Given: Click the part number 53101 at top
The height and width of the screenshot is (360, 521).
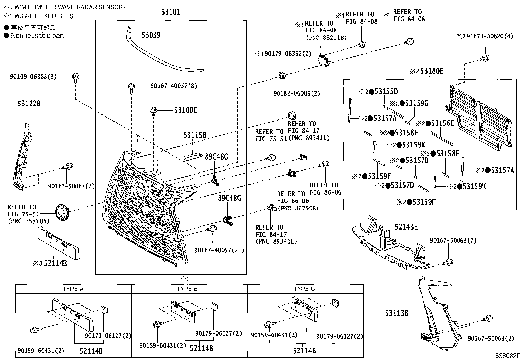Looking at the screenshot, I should click(171, 13).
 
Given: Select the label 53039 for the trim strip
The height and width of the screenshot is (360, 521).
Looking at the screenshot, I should click(151, 35).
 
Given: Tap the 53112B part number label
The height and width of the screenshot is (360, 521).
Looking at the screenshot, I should click(29, 104).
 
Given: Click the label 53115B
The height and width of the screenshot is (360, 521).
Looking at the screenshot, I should click(195, 135).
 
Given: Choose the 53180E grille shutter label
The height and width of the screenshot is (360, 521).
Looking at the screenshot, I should click(432, 71).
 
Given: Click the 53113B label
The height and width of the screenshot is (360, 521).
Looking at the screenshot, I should click(397, 313).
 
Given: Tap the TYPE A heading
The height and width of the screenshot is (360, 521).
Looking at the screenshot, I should click(73, 289).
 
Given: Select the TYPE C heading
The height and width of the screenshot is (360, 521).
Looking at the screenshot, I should click(304, 289).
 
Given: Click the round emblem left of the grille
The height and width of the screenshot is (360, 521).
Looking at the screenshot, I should click(63, 212).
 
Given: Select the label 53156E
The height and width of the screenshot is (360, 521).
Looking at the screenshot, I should click(442, 123).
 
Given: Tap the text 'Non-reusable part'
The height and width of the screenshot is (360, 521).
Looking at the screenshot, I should click(37, 36).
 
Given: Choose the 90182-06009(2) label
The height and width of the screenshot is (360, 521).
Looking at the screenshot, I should click(297, 94).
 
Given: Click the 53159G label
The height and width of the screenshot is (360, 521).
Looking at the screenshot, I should click(416, 104).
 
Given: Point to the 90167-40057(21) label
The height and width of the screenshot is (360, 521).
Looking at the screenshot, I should click(219, 250).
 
